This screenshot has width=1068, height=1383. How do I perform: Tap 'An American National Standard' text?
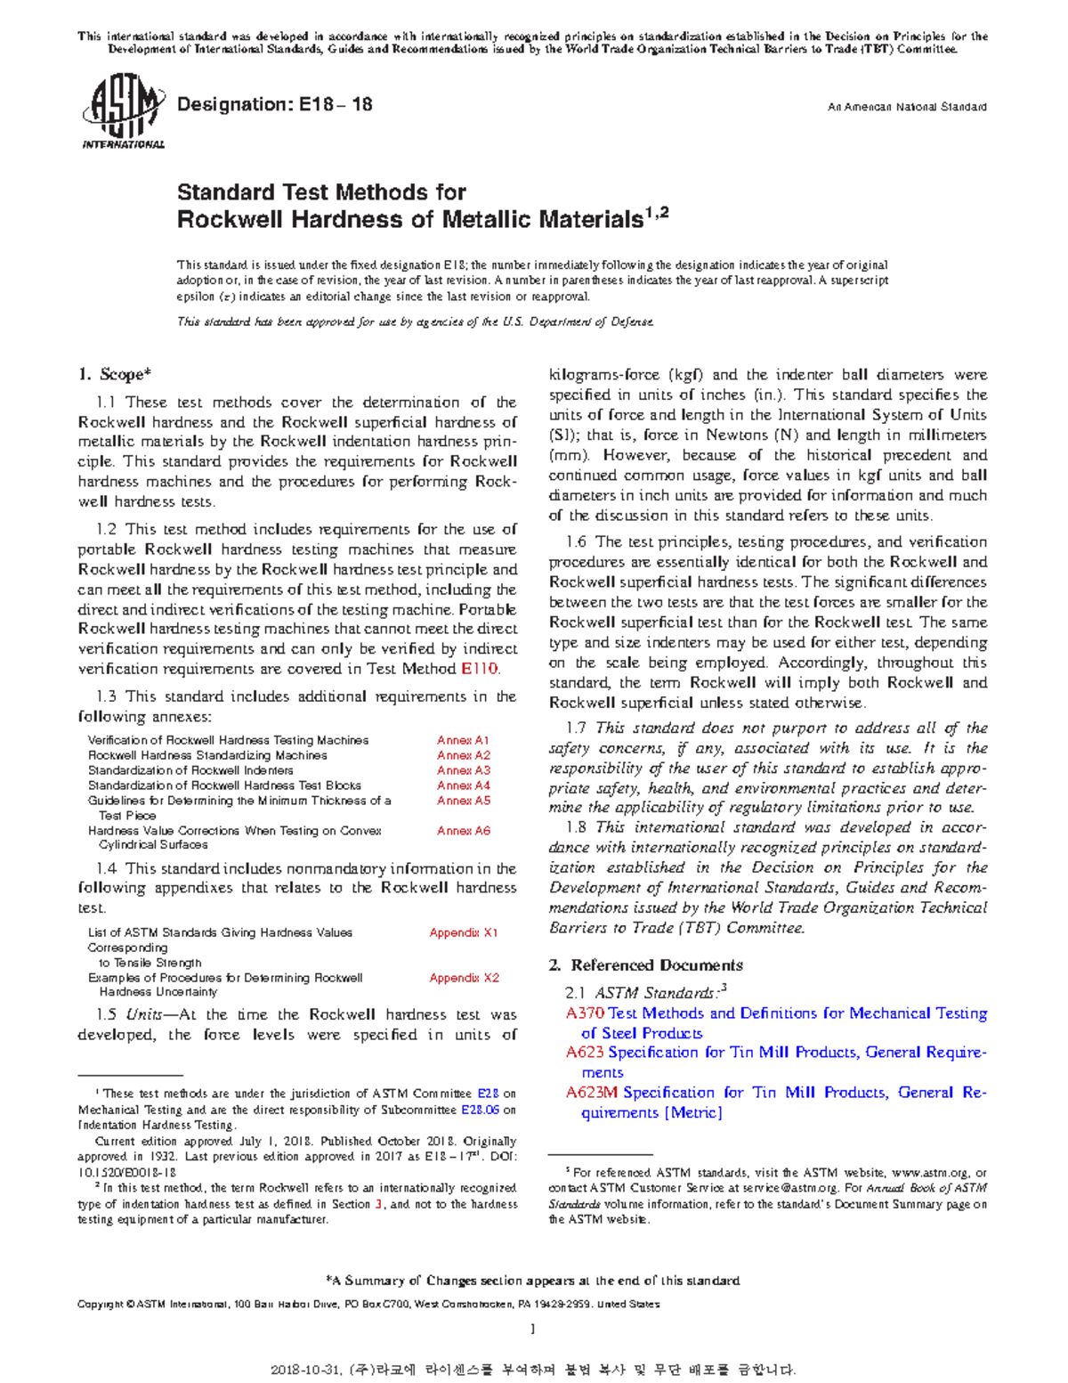[906, 107]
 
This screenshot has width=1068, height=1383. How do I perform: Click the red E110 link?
[480, 669]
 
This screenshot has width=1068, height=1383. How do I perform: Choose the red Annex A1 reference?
[463, 740]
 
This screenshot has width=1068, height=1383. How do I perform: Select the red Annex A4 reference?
[463, 785]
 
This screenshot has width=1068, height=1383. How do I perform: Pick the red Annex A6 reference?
[463, 831]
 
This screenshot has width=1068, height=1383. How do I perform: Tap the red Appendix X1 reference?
[463, 932]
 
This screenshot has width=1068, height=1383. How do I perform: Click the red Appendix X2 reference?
[463, 978]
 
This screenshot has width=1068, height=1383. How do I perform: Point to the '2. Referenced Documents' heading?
[646, 965]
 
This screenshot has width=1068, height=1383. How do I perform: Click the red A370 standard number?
[585, 1013]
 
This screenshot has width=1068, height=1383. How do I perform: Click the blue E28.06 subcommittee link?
[480, 1110]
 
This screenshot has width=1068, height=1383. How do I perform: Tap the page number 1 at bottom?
[532, 1329]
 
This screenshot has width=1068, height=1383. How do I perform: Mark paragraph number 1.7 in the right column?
[576, 728]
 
